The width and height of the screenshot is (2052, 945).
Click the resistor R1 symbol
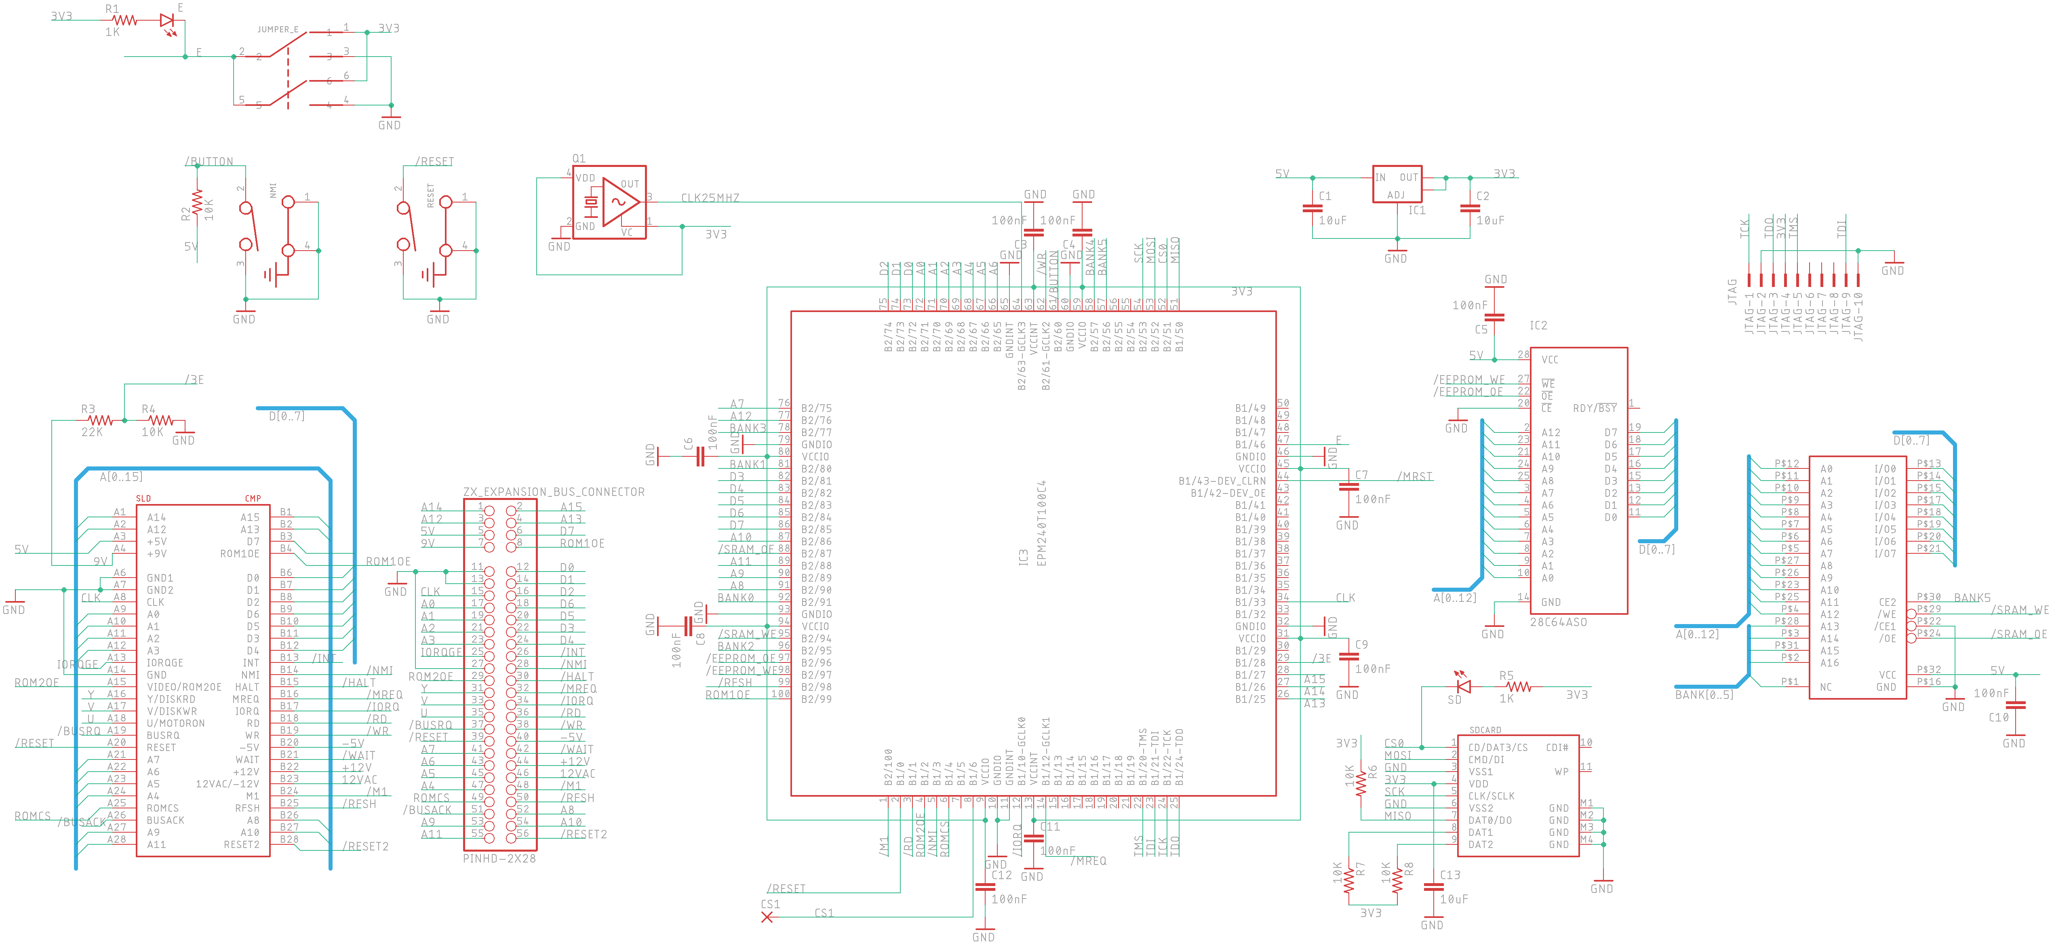pyautogui.click(x=125, y=21)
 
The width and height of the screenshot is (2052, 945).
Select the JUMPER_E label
pyautogui.click(x=277, y=30)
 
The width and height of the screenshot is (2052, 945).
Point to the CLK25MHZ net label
pyautogui.click(x=710, y=198)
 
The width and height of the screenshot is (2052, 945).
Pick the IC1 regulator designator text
pyautogui.click(x=1416, y=210)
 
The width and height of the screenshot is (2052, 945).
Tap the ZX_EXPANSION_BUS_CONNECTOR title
pyautogui.click(x=554, y=491)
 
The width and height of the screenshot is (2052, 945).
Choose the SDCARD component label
pyautogui.click(x=1485, y=730)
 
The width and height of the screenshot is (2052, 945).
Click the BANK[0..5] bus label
pyautogui.click(x=1704, y=695)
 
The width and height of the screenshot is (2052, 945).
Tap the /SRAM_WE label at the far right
pyautogui.click(x=2019, y=610)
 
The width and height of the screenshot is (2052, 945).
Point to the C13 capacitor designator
pyautogui.click(x=1450, y=875)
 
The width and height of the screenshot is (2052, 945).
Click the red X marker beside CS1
pyautogui.click(x=767, y=917)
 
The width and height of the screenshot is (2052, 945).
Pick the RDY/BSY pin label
pyautogui.click(x=1595, y=408)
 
